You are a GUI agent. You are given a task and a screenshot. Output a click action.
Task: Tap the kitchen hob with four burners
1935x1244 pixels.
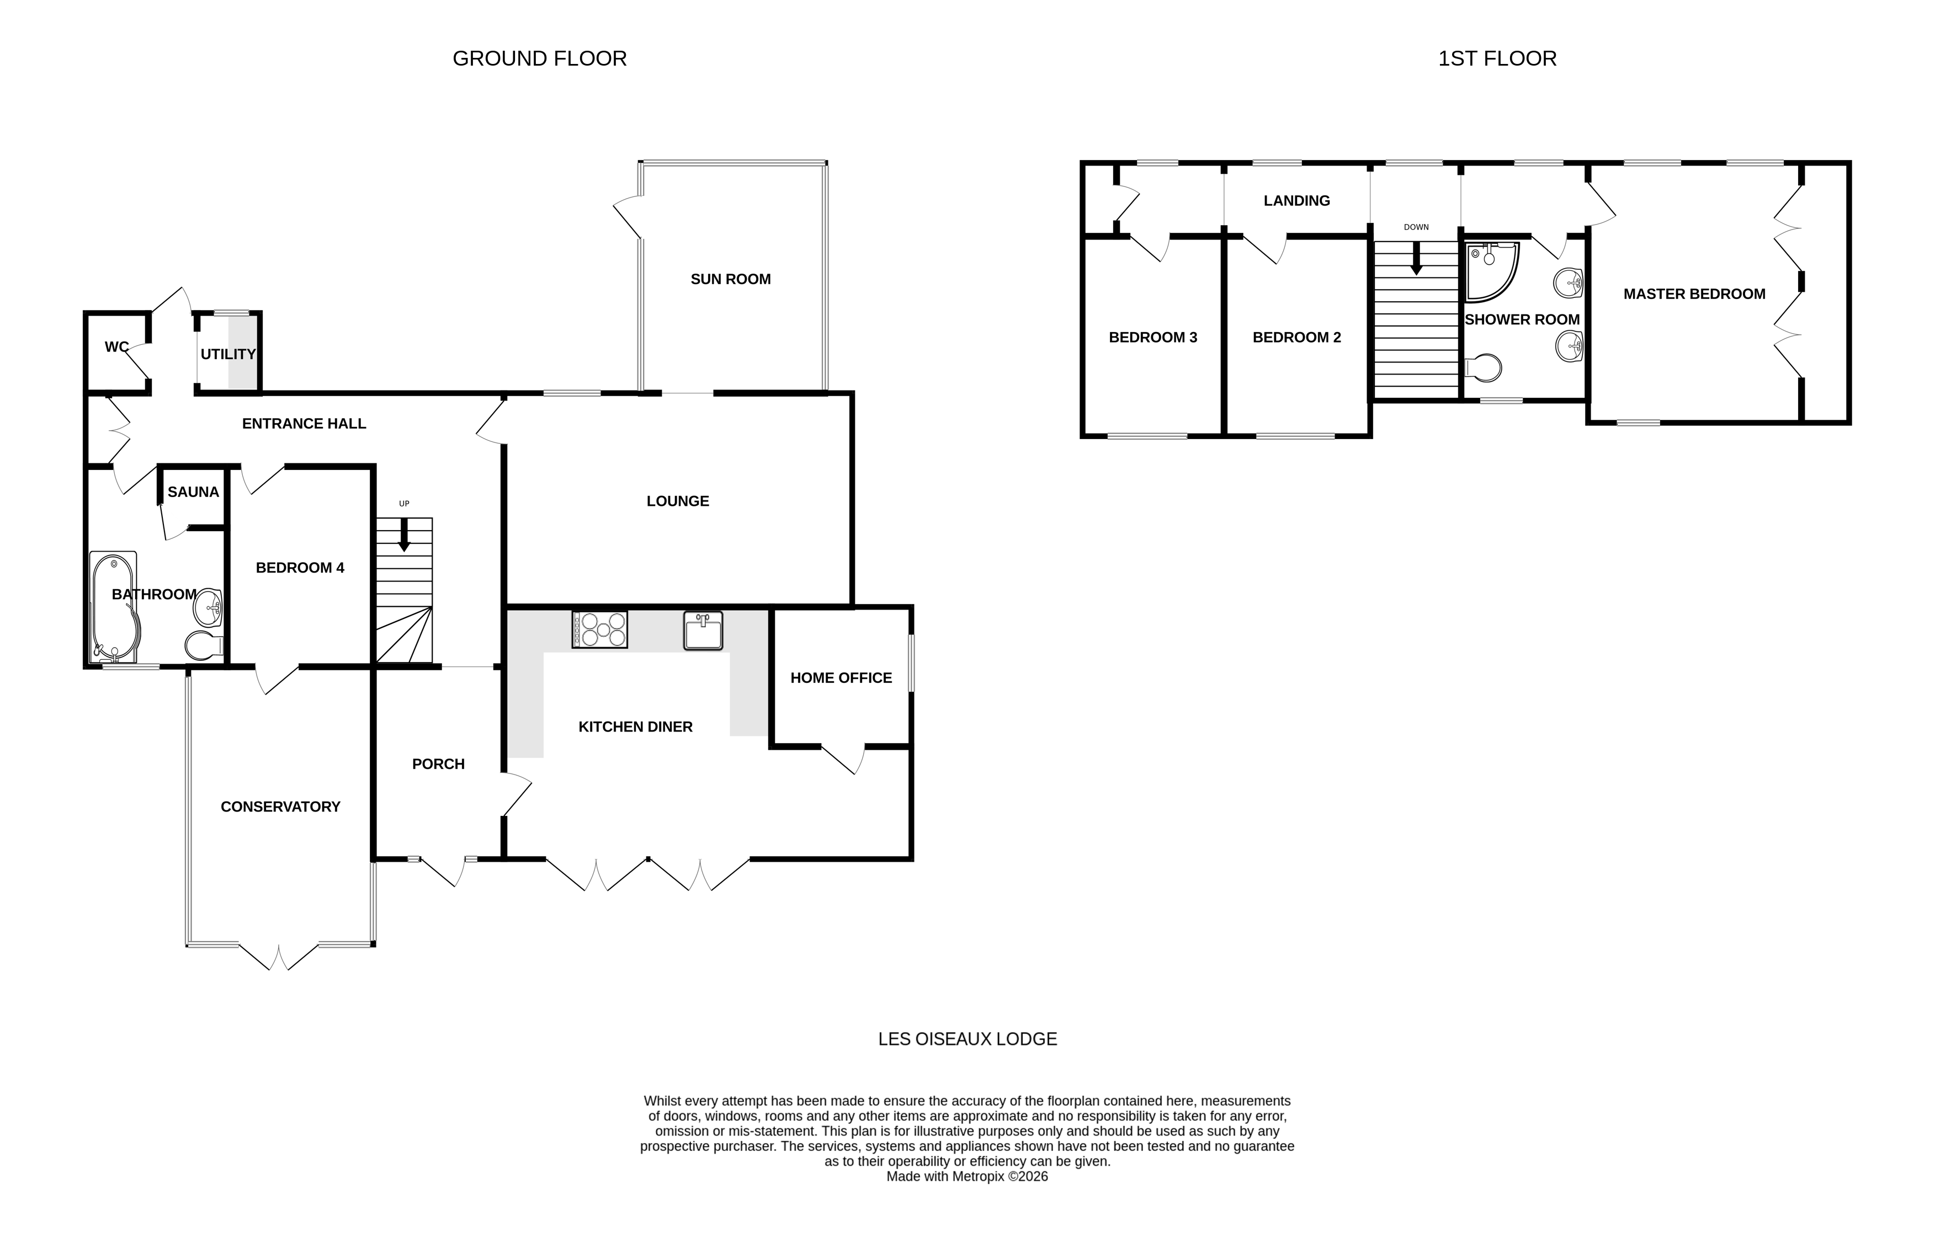pyautogui.click(x=599, y=629)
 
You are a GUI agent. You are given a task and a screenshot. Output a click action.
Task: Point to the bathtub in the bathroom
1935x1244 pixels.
pyautogui.click(x=113, y=606)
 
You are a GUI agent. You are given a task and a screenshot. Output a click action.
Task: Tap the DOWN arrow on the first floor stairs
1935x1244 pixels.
pyautogui.click(x=1416, y=259)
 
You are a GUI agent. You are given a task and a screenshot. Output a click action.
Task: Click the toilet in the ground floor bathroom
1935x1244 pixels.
pyautogui.click(x=204, y=646)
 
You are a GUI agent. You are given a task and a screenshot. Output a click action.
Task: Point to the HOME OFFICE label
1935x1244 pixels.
pyautogui.click(x=841, y=679)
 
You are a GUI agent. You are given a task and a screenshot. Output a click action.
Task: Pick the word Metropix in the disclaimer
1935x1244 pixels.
pyautogui.click(x=977, y=1177)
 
